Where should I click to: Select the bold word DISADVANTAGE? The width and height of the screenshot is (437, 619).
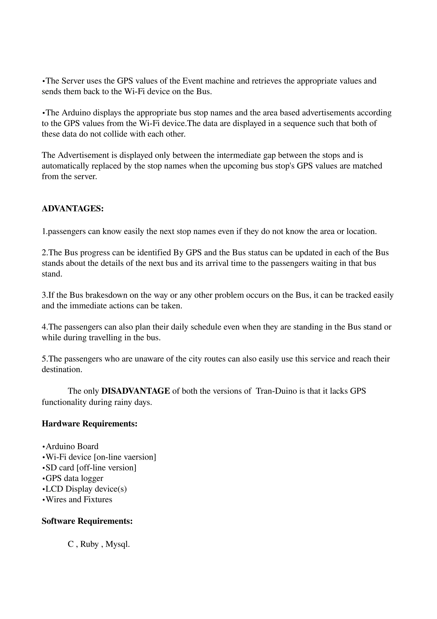[x=135, y=391]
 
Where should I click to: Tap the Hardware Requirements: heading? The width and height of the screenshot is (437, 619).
[x=90, y=424]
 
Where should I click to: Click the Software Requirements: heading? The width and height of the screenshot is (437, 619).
[x=87, y=521]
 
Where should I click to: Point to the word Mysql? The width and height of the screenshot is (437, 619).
[x=117, y=544]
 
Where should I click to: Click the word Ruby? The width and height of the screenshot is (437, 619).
[x=89, y=544]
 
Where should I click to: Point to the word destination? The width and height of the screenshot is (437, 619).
[x=62, y=370]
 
